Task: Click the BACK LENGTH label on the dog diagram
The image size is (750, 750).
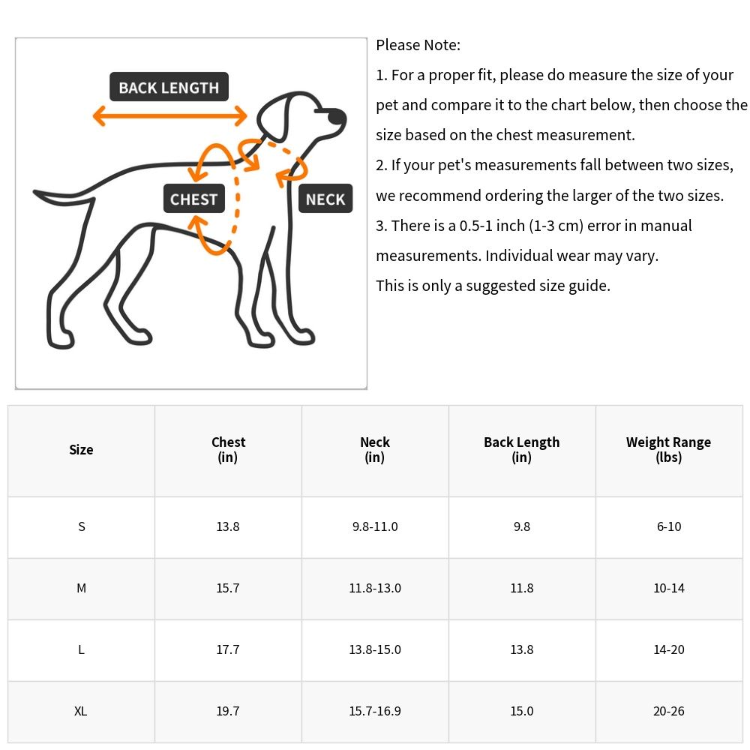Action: coord(169,88)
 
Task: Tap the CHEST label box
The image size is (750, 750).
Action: coord(193,199)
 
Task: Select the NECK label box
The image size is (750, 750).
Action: coord(325,199)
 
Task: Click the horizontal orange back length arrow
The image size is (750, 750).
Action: coord(169,116)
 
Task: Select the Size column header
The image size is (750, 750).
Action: coord(81,450)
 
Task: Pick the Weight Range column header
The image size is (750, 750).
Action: coord(668,450)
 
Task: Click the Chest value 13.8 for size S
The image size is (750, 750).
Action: coord(228,526)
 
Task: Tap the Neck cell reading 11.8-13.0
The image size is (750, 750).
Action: coord(375,588)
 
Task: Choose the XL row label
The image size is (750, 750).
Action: coord(81,711)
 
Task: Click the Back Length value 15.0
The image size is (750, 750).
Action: coord(522,711)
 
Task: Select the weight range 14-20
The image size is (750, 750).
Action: coord(668,649)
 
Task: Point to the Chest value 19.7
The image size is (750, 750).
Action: coord(228,711)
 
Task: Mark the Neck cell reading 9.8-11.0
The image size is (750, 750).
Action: coord(375,526)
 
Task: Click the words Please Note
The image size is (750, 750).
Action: coord(418,45)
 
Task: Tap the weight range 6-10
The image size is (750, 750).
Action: coord(668,526)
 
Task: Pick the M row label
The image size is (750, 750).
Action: coord(81,588)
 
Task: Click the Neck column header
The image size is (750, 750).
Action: coord(375,450)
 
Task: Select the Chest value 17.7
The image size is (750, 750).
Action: coord(228,649)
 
